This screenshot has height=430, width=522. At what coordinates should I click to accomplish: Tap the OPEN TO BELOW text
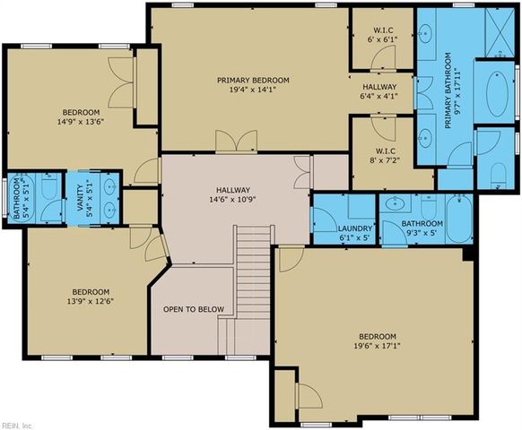click(193, 309)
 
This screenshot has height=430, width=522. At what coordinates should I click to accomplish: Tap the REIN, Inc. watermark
click(15, 424)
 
